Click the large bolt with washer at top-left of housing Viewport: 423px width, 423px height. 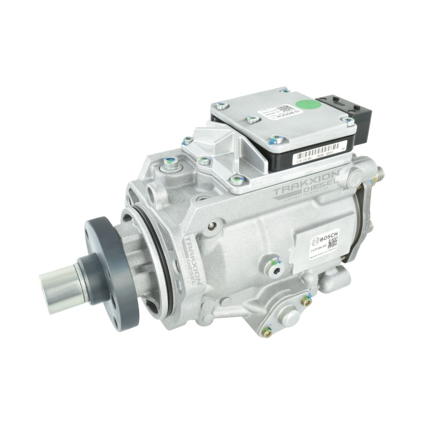point(171,166)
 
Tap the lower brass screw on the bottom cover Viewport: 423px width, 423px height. point(269,333)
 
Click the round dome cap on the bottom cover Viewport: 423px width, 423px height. point(290,317)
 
